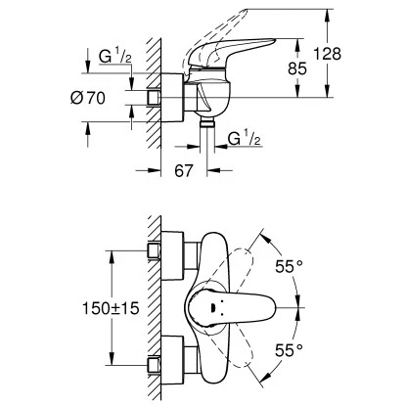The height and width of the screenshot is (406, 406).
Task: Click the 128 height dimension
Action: click(x=327, y=54)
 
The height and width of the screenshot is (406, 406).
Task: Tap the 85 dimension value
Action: click(x=297, y=68)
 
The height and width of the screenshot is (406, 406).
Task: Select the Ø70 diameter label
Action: click(x=88, y=98)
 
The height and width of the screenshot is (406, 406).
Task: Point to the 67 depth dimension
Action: click(x=184, y=170)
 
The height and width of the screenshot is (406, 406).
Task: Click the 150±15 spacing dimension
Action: click(x=111, y=308)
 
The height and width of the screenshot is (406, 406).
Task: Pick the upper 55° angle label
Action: click(x=289, y=267)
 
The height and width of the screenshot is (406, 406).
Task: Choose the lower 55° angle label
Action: click(x=289, y=350)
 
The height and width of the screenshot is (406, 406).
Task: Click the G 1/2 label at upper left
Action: click(x=115, y=56)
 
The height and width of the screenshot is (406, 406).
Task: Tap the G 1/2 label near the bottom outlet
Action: click(x=245, y=138)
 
